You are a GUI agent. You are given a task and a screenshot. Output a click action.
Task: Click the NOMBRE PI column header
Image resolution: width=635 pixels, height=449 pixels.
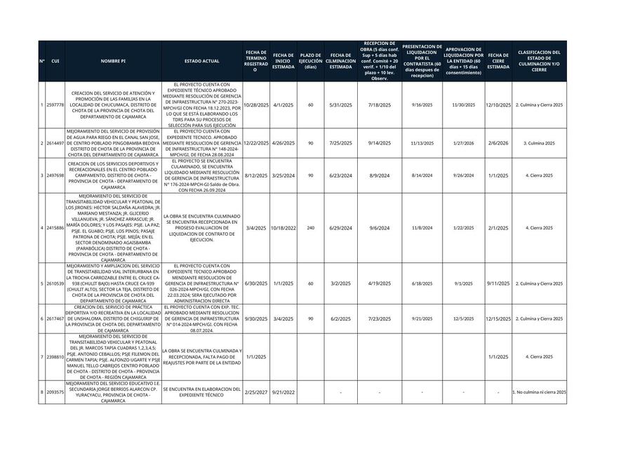coord(113,61)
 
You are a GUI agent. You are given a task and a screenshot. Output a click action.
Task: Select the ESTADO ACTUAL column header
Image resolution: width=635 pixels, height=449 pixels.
coord(201,61)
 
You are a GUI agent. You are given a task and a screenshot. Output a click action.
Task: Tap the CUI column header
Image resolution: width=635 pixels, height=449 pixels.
coord(55,61)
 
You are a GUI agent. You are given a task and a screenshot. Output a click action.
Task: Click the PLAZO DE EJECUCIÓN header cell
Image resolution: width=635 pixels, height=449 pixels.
coord(310,61)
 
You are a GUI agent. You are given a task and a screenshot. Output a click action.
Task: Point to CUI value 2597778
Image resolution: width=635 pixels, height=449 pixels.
coord(55,105)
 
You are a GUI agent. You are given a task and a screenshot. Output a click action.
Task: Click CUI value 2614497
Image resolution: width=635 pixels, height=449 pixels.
coord(55,143)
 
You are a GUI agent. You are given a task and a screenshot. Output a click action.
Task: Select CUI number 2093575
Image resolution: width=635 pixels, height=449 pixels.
coord(55,392)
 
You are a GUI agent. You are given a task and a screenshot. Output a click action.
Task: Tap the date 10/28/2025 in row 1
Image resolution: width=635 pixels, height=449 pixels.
coord(256,105)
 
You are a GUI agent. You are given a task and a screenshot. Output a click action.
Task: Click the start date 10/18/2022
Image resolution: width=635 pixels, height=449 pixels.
coord(283,228)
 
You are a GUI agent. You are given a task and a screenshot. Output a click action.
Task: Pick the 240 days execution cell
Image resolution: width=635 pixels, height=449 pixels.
coord(310,228)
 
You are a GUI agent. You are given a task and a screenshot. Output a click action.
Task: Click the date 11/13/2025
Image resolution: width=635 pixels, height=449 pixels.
coord(422,143)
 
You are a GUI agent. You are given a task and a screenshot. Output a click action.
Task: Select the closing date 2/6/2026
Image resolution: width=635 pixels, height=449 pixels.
coord(498,143)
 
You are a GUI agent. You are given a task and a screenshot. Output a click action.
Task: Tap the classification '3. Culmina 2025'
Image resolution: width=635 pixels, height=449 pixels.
coord(539,143)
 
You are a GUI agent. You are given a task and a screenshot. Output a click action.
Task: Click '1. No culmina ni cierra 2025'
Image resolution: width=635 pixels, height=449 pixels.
coord(539,392)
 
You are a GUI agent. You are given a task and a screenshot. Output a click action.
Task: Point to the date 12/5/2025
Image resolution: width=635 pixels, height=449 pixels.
coord(463,319)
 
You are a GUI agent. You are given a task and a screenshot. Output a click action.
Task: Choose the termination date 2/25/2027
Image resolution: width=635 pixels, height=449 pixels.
coord(256,392)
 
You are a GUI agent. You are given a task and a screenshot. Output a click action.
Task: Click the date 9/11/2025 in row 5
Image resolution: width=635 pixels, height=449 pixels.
coord(498,283)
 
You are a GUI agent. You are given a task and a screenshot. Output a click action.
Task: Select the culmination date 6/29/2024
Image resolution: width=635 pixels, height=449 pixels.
coord(340,228)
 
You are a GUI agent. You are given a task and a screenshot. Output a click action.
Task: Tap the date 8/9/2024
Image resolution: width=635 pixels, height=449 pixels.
coord(379,175)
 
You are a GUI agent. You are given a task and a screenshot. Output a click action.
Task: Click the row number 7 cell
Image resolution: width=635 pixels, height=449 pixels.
coord(42,357)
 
